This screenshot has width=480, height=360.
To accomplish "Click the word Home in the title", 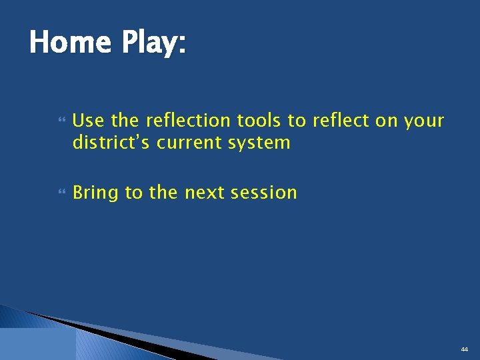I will (x=69, y=43).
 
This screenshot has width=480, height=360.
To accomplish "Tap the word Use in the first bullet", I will (x=89, y=121).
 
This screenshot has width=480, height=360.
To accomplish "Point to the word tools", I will (x=259, y=121).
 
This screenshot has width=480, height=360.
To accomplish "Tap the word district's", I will (x=111, y=143).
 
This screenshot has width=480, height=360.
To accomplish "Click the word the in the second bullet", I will (x=163, y=193).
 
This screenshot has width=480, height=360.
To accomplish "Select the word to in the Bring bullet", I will (x=133, y=193).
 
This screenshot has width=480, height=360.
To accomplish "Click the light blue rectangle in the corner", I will (x=37, y=344).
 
